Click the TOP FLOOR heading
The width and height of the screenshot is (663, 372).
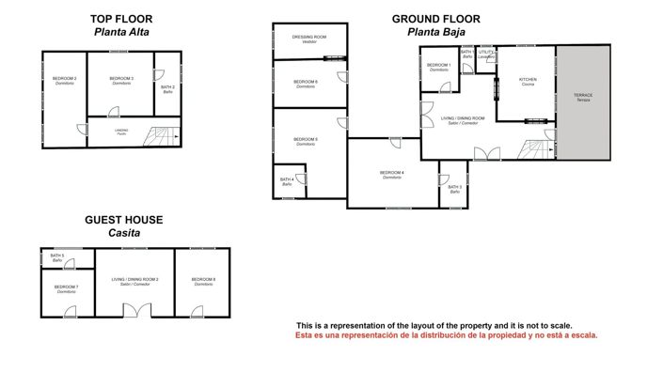[122, 18]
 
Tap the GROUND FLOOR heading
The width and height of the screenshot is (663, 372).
[435, 18]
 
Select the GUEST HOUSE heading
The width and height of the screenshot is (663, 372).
[124, 220]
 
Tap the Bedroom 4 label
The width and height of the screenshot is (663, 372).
[392, 173]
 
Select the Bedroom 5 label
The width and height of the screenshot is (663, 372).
[306, 141]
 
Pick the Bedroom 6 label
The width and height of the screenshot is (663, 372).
[306, 84]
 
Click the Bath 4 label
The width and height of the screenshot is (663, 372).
[286, 180]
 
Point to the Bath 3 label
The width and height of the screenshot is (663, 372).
[454, 188]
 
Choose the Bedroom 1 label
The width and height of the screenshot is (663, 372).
[438, 66]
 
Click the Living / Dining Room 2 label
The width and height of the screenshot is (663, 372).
[135, 280]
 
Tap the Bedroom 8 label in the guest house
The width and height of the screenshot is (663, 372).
[203, 280]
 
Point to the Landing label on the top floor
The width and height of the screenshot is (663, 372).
[121, 131]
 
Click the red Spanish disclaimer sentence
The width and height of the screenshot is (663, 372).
[447, 335]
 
